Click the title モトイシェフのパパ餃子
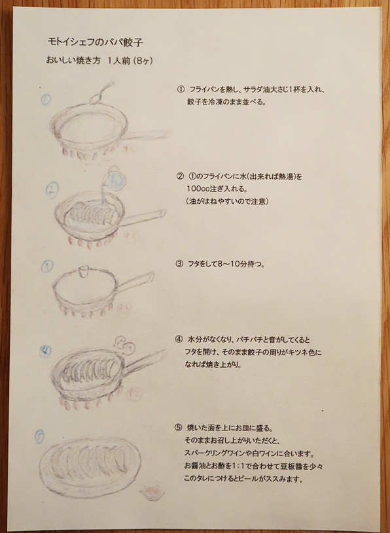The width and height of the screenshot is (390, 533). [x=96, y=42]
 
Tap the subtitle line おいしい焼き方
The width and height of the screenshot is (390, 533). [x=73, y=61]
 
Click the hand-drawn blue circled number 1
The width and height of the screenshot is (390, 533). [x=46, y=99]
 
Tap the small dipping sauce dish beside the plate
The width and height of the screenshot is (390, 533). [x=153, y=492]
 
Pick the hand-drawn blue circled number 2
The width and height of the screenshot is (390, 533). [x=52, y=189]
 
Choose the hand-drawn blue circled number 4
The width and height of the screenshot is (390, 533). [x=45, y=351]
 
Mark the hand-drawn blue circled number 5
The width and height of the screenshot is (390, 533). [x=39, y=436]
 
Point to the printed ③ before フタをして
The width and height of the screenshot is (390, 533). [x=179, y=264]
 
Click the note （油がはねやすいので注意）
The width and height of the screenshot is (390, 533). [x=228, y=201]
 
